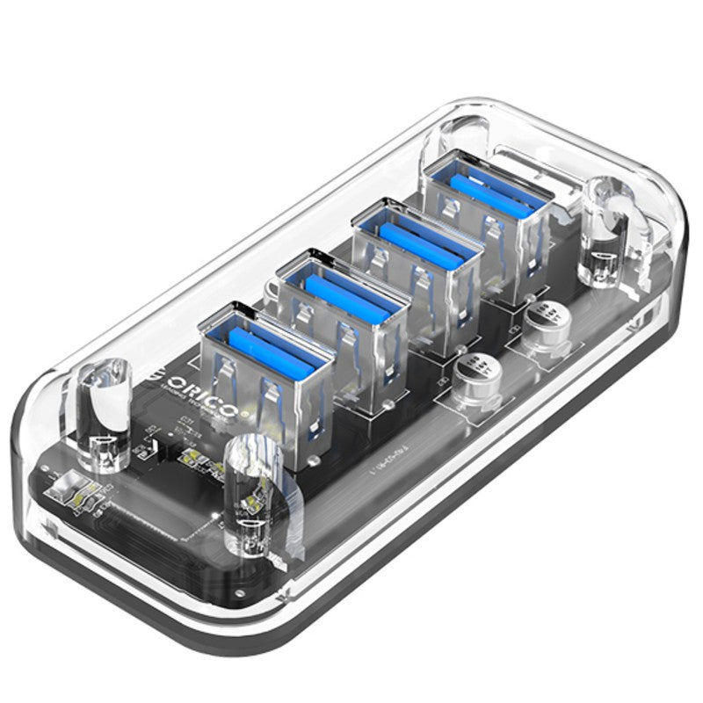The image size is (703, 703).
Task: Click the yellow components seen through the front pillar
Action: click(255, 492)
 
